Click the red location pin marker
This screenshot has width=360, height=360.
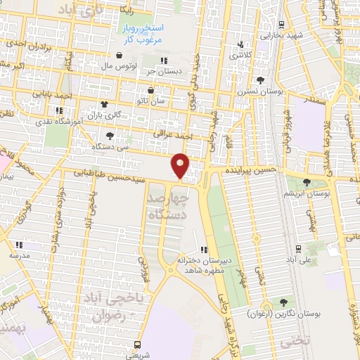(181, 165)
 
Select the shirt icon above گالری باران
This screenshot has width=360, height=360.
(105, 104)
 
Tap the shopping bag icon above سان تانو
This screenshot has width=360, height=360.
(152, 90)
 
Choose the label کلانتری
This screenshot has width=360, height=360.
(243, 55)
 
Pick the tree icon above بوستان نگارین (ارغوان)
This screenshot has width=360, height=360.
(284, 302)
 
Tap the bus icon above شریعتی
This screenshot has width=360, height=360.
(137, 345)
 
